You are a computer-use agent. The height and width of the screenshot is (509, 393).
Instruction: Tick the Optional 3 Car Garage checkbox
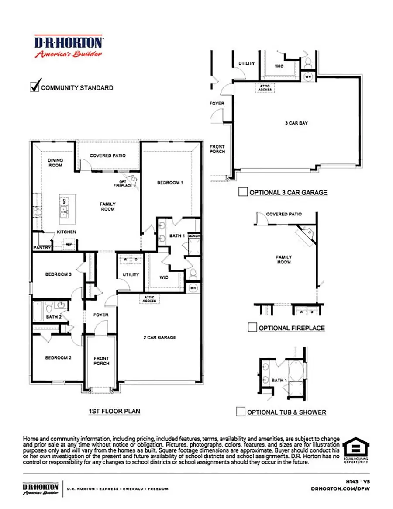(243, 191)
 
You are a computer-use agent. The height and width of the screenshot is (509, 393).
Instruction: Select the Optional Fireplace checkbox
(252, 327)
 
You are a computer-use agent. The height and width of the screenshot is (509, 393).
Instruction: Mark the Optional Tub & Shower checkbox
(240, 411)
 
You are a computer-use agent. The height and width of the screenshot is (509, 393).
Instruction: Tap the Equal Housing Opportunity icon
(356, 450)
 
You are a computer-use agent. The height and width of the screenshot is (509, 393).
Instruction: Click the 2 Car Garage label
(160, 337)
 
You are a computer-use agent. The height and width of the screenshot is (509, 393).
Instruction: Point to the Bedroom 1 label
(170, 183)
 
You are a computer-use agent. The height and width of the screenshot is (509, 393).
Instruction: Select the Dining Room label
(55, 163)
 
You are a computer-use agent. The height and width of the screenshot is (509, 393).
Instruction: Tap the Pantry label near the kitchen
(42, 248)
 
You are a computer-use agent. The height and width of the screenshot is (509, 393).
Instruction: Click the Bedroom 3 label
(58, 275)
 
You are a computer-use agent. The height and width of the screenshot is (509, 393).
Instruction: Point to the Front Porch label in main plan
(101, 361)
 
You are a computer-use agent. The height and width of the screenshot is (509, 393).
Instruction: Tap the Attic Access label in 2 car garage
(149, 299)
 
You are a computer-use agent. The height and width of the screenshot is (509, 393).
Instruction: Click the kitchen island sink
(64, 212)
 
